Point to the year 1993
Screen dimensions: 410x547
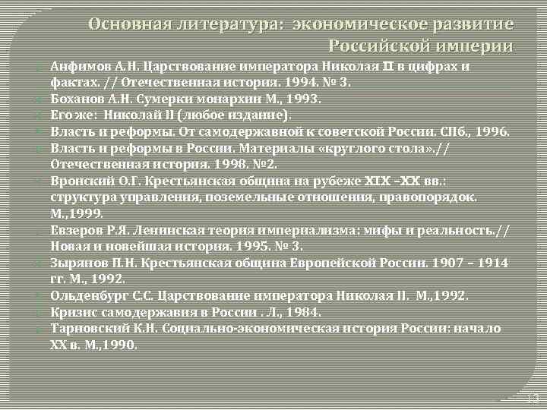coord(301,98)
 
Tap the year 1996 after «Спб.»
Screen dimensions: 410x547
coord(492,131)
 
